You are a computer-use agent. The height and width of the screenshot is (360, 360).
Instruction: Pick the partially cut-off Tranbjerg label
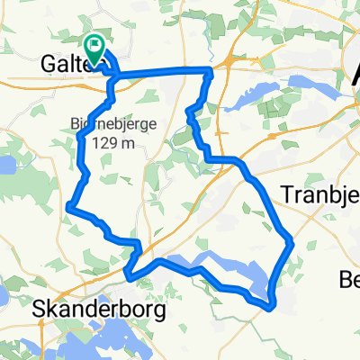click(320, 195)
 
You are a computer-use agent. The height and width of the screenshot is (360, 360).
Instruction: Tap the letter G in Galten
click(50, 64)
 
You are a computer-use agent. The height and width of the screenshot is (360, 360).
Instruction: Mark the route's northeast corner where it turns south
click(211, 70)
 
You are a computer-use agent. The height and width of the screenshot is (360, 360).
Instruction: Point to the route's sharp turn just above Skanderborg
click(129, 275)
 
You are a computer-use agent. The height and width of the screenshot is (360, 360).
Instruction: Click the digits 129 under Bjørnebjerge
click(99, 142)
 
